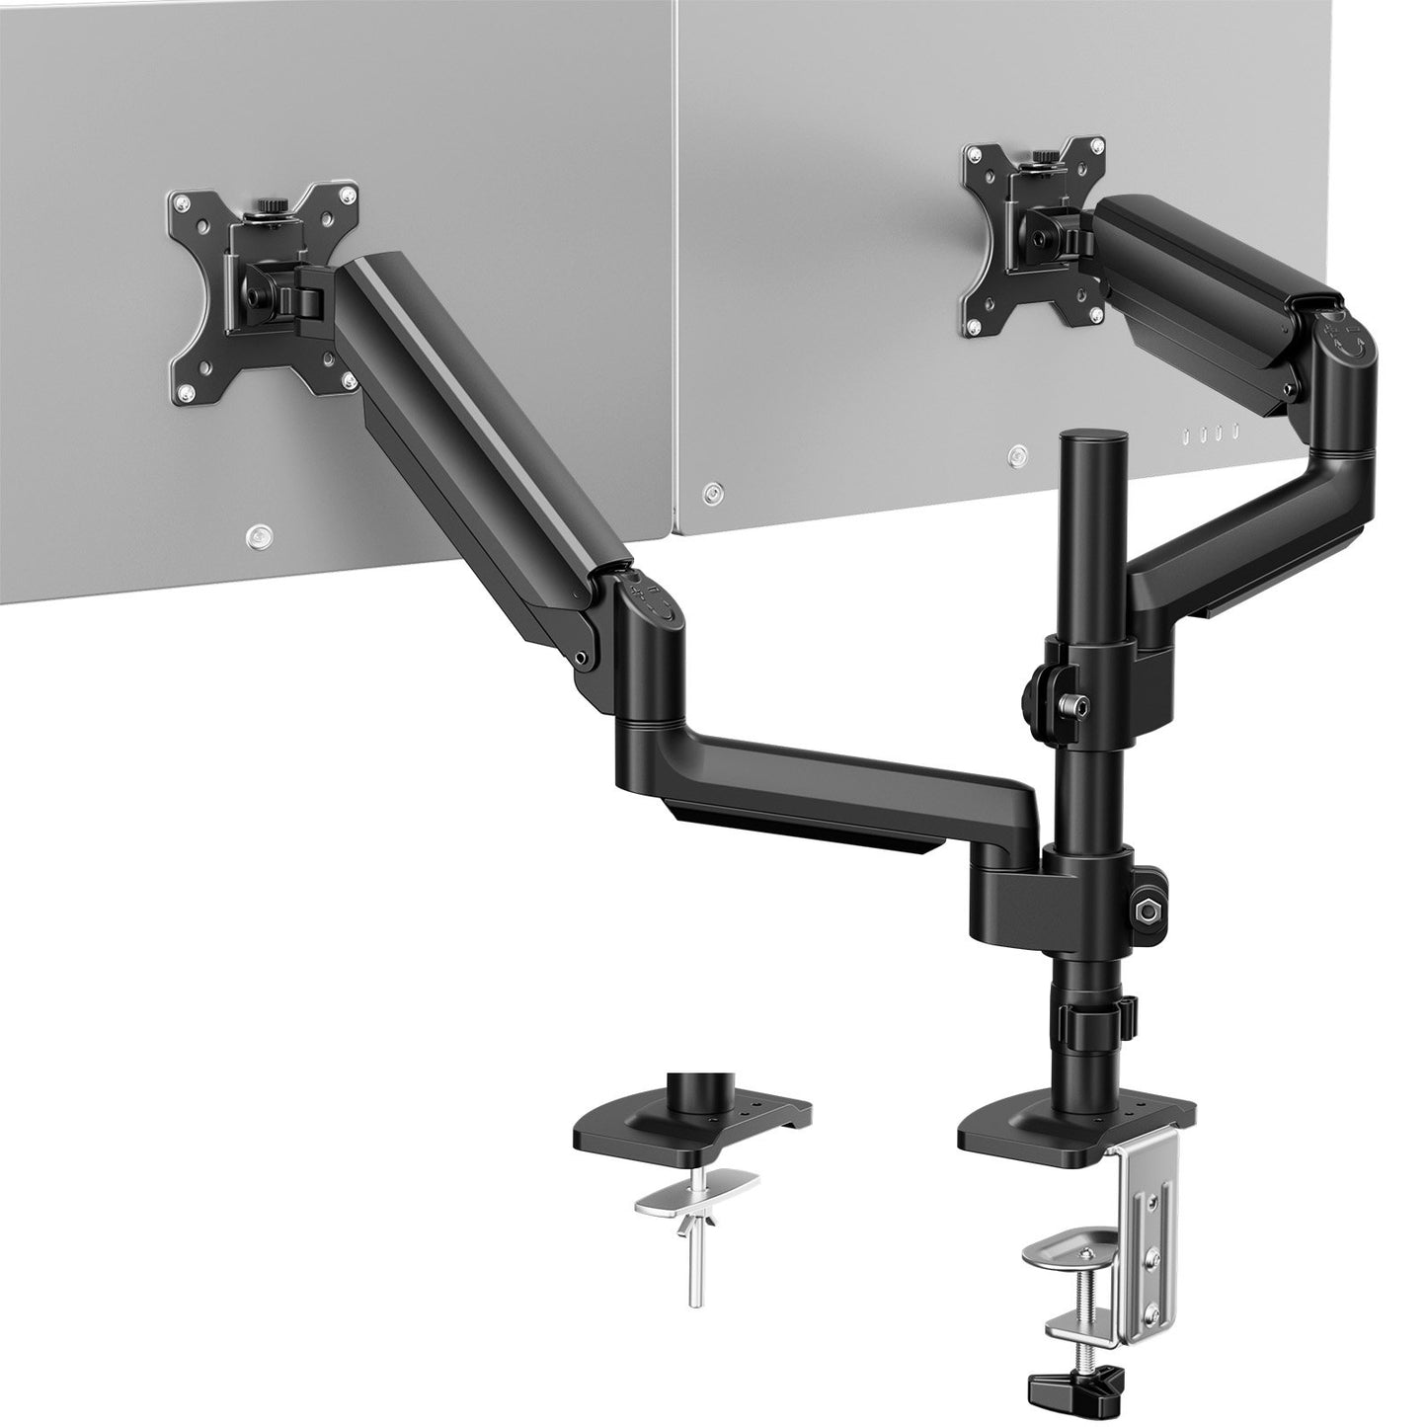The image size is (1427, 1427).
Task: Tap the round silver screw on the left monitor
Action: [257, 534]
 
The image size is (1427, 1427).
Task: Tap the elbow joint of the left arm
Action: [647, 632]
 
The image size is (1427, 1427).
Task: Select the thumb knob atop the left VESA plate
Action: [267, 208]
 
